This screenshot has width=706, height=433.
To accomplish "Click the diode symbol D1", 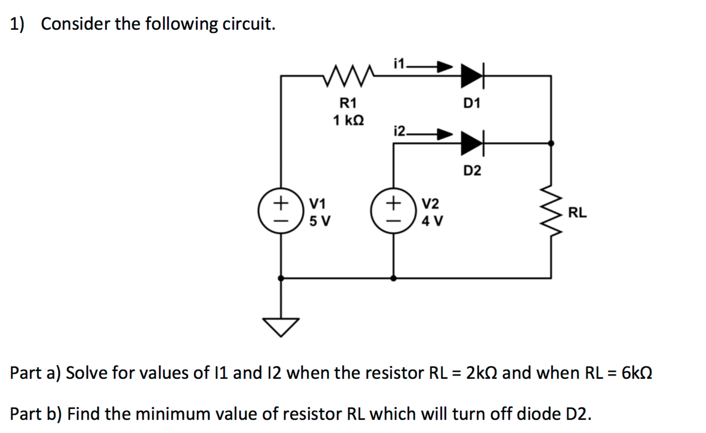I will click(472, 76).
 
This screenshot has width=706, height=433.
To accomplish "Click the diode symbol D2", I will click(472, 143).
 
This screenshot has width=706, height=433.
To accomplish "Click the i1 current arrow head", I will click(445, 67).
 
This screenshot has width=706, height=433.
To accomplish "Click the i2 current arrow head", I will click(445, 134).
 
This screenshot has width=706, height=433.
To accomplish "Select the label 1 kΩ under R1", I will click(348, 121).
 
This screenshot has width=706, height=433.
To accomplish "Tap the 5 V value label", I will click(320, 221).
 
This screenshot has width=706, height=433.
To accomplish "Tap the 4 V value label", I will click(432, 221).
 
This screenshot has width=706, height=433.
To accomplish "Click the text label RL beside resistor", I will click(577, 213).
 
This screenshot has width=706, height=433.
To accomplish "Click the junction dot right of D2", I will click(551, 143).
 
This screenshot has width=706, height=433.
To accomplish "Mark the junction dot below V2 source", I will click(393, 278).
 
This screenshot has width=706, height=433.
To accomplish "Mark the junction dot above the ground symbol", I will click(281, 278).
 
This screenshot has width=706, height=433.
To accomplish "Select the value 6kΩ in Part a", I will click(637, 373).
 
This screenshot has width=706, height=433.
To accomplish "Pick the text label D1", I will click(472, 104).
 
